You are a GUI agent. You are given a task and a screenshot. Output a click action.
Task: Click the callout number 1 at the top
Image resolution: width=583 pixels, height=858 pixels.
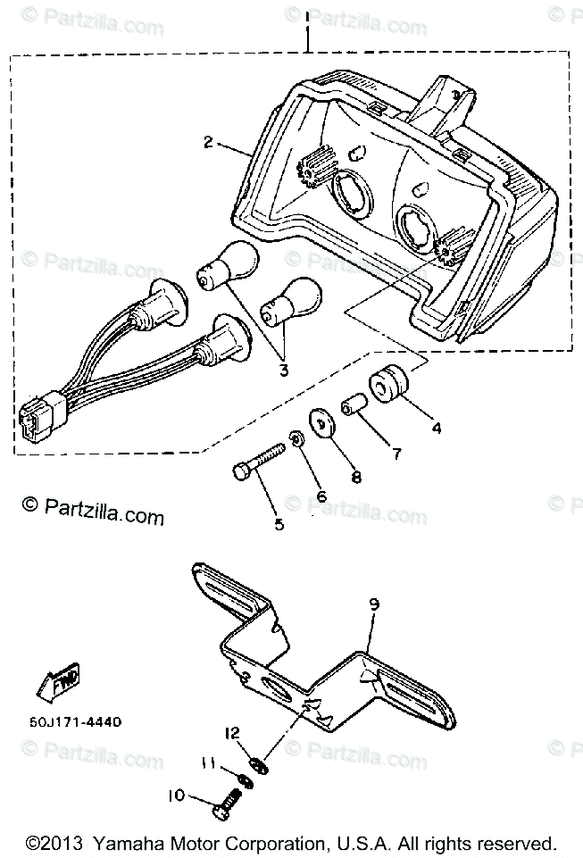tap(305, 16)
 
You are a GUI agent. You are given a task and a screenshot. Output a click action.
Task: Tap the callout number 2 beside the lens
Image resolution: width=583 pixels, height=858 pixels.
tap(207, 143)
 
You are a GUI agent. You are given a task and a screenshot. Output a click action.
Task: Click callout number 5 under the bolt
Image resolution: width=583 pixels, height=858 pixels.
tap(279, 525)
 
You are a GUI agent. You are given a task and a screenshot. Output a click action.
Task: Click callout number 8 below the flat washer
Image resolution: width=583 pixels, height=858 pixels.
tap(355, 477)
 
